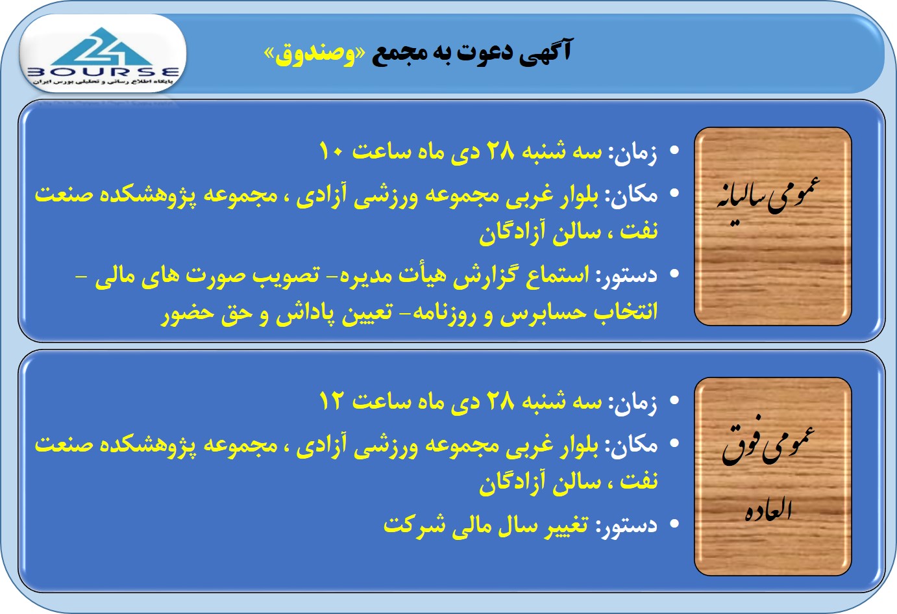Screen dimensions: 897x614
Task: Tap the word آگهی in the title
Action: (x=546, y=51)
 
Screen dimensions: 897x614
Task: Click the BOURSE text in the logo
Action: (x=103, y=73)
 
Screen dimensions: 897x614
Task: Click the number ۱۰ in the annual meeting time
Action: (x=331, y=151)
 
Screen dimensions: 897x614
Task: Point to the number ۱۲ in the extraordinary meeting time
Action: (x=331, y=401)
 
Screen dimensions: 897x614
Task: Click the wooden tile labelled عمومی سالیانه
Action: (x=773, y=227)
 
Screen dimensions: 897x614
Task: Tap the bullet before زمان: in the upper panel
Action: (x=674, y=150)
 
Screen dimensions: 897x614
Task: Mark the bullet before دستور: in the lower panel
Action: (x=674, y=524)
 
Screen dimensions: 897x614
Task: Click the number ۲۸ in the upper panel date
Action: (x=500, y=151)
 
